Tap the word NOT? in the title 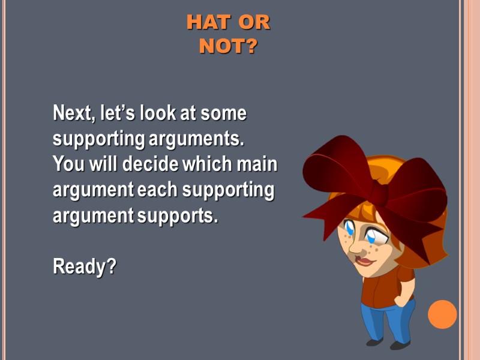point(228,46)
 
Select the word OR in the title point(254,23)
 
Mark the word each point(158,190)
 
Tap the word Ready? point(84,266)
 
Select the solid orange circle point(442,314)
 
